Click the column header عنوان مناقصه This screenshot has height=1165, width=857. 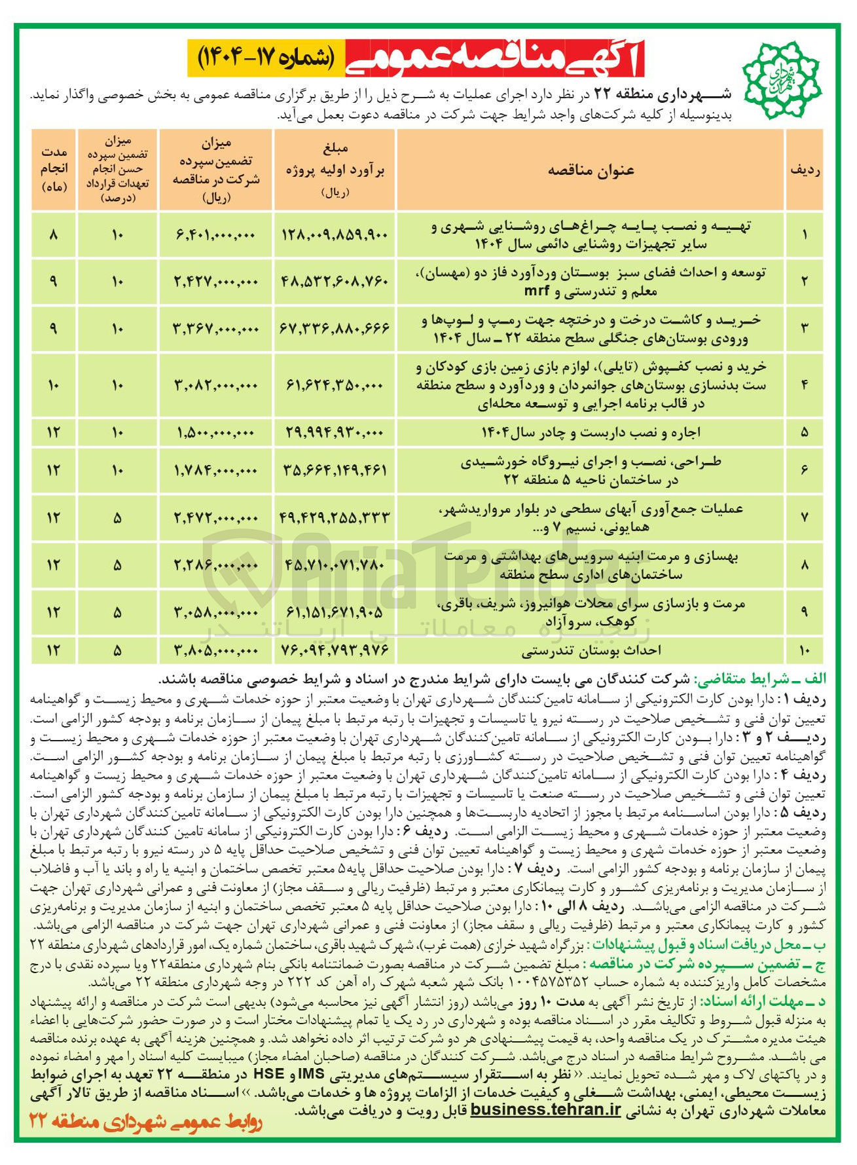point(591,170)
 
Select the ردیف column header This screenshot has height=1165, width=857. point(805,170)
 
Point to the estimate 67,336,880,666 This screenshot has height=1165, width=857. point(335,329)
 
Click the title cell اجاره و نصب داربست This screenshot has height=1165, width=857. point(591,432)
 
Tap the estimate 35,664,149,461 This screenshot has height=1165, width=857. point(335,470)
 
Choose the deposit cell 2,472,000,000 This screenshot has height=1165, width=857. point(215,517)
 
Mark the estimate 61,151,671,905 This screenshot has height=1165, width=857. point(335,612)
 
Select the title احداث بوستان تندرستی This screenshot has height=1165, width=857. point(591,651)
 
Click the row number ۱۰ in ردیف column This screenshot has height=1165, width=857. point(805,651)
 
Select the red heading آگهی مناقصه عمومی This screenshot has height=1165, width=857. point(492,59)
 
